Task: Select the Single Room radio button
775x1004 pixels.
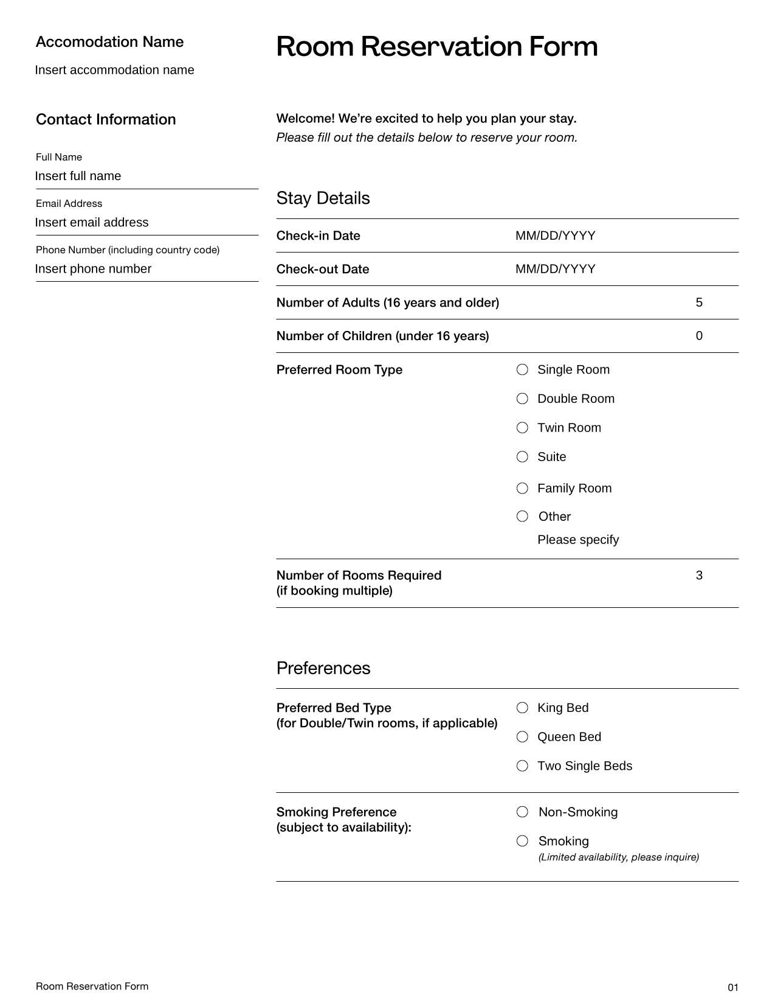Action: pos(522,370)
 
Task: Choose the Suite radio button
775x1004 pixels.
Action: pos(522,457)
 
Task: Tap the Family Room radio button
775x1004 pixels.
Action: pos(522,489)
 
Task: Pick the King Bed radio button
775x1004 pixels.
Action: pos(522,708)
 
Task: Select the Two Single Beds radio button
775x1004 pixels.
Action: pos(522,766)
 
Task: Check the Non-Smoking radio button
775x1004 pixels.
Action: pos(522,812)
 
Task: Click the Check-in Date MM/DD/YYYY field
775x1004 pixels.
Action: pos(555,235)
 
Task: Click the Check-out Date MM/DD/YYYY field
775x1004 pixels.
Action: pos(555,269)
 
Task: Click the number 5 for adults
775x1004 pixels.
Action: pos(699,302)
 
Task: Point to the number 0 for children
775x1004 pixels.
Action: pos(699,336)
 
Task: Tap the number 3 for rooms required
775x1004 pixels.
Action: pos(699,576)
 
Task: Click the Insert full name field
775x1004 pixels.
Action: pos(78,176)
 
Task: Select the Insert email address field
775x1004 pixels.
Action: pos(92,223)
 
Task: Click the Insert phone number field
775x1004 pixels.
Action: pos(93,269)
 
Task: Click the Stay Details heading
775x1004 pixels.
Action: pos(323,198)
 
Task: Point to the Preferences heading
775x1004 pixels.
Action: pos(323,668)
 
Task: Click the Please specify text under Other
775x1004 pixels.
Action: pos(578,540)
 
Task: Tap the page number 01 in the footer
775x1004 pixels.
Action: pos(732,988)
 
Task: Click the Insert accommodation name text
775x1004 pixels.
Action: pos(115,70)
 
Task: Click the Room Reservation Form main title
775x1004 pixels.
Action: pos(436,47)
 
